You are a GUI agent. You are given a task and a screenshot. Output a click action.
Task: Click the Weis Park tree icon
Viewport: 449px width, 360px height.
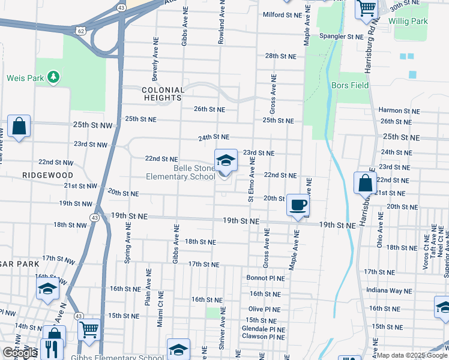pos(54,77)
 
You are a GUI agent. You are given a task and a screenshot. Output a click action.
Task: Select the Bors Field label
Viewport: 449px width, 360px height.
pos(350,85)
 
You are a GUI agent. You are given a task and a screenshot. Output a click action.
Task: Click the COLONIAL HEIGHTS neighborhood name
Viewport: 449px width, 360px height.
pos(161,93)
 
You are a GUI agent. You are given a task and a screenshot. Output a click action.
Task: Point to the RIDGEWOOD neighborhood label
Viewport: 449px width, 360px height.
pos(47,175)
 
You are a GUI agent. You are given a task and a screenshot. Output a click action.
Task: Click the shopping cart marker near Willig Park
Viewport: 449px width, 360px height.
pos(366,10)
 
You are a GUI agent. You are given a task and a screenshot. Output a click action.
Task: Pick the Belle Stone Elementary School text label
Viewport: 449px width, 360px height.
pos(181,172)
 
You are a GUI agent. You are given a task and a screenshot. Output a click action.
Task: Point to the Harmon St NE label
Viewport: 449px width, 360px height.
pos(399,110)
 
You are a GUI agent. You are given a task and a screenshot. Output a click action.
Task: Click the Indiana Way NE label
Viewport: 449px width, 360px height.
pos(390,290)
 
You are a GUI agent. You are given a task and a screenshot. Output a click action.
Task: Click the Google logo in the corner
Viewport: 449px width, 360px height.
pos(20,353)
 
